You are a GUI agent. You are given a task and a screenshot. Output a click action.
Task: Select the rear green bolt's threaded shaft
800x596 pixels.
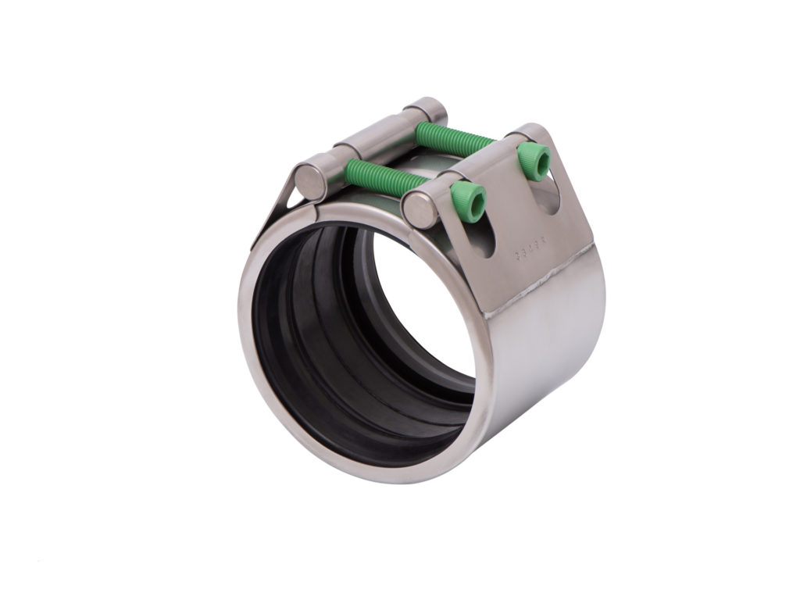click(x=453, y=137)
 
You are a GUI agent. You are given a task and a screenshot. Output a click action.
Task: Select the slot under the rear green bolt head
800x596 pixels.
click(x=551, y=200)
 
